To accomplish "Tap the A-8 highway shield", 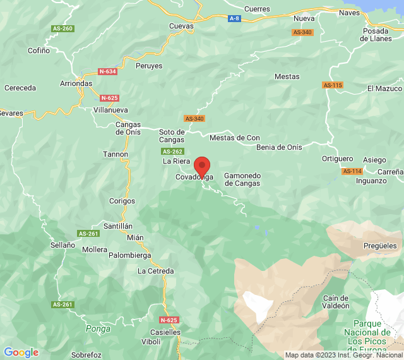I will (234, 19).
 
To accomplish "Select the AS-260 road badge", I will (63, 28).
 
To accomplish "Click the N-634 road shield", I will (107, 71).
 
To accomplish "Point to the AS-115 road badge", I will (332, 85).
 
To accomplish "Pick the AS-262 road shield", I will (172, 152).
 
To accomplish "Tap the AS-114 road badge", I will (352, 171).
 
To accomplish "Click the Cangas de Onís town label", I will (128, 128).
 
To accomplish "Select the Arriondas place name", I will (76, 83).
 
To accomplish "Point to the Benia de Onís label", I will (279, 147).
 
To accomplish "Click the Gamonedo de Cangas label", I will (242, 179).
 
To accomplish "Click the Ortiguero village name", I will (337, 159).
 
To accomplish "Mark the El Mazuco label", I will (384, 88).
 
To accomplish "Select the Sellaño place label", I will (62, 244).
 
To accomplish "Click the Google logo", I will (21, 352).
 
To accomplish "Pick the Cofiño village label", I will (39, 51).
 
